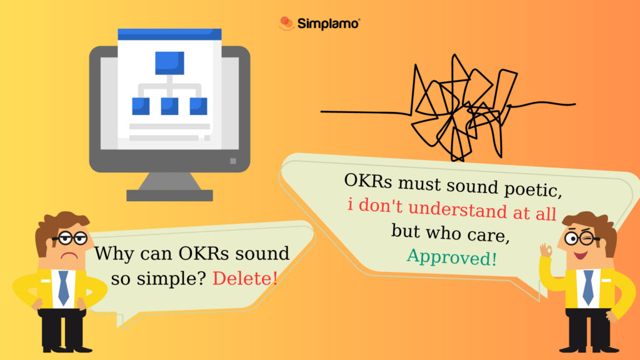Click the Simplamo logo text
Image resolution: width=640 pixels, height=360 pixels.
click(x=329, y=24)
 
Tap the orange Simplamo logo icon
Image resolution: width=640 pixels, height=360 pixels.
click(x=286, y=24)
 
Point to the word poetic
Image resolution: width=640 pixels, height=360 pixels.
click(x=523, y=187)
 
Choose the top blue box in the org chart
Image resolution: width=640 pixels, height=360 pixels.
click(x=169, y=62)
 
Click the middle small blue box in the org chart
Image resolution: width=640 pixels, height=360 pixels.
click(x=169, y=106)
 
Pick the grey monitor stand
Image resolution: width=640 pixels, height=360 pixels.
click(x=169, y=187)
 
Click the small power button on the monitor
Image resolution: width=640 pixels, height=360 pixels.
click(x=233, y=161)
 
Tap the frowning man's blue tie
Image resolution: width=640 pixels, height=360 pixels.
click(x=63, y=287)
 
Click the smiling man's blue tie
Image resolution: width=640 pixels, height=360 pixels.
click(x=587, y=287)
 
